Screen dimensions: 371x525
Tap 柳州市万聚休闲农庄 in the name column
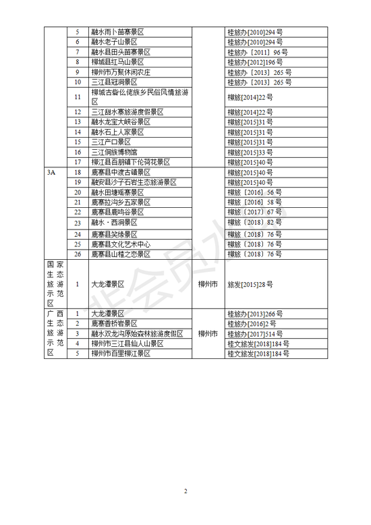tap(121, 72)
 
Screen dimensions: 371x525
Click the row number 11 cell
tap(77, 97)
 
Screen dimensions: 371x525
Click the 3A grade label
tap(52, 173)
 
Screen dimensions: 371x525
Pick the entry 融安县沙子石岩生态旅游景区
tap(134, 182)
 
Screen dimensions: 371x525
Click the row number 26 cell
tap(77, 254)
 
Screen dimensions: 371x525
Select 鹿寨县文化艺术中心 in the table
tap(121, 244)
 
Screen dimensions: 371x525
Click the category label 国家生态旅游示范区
tap(52, 284)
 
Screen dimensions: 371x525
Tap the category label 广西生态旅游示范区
tap(52, 333)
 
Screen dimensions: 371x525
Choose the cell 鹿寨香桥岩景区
tap(115, 323)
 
